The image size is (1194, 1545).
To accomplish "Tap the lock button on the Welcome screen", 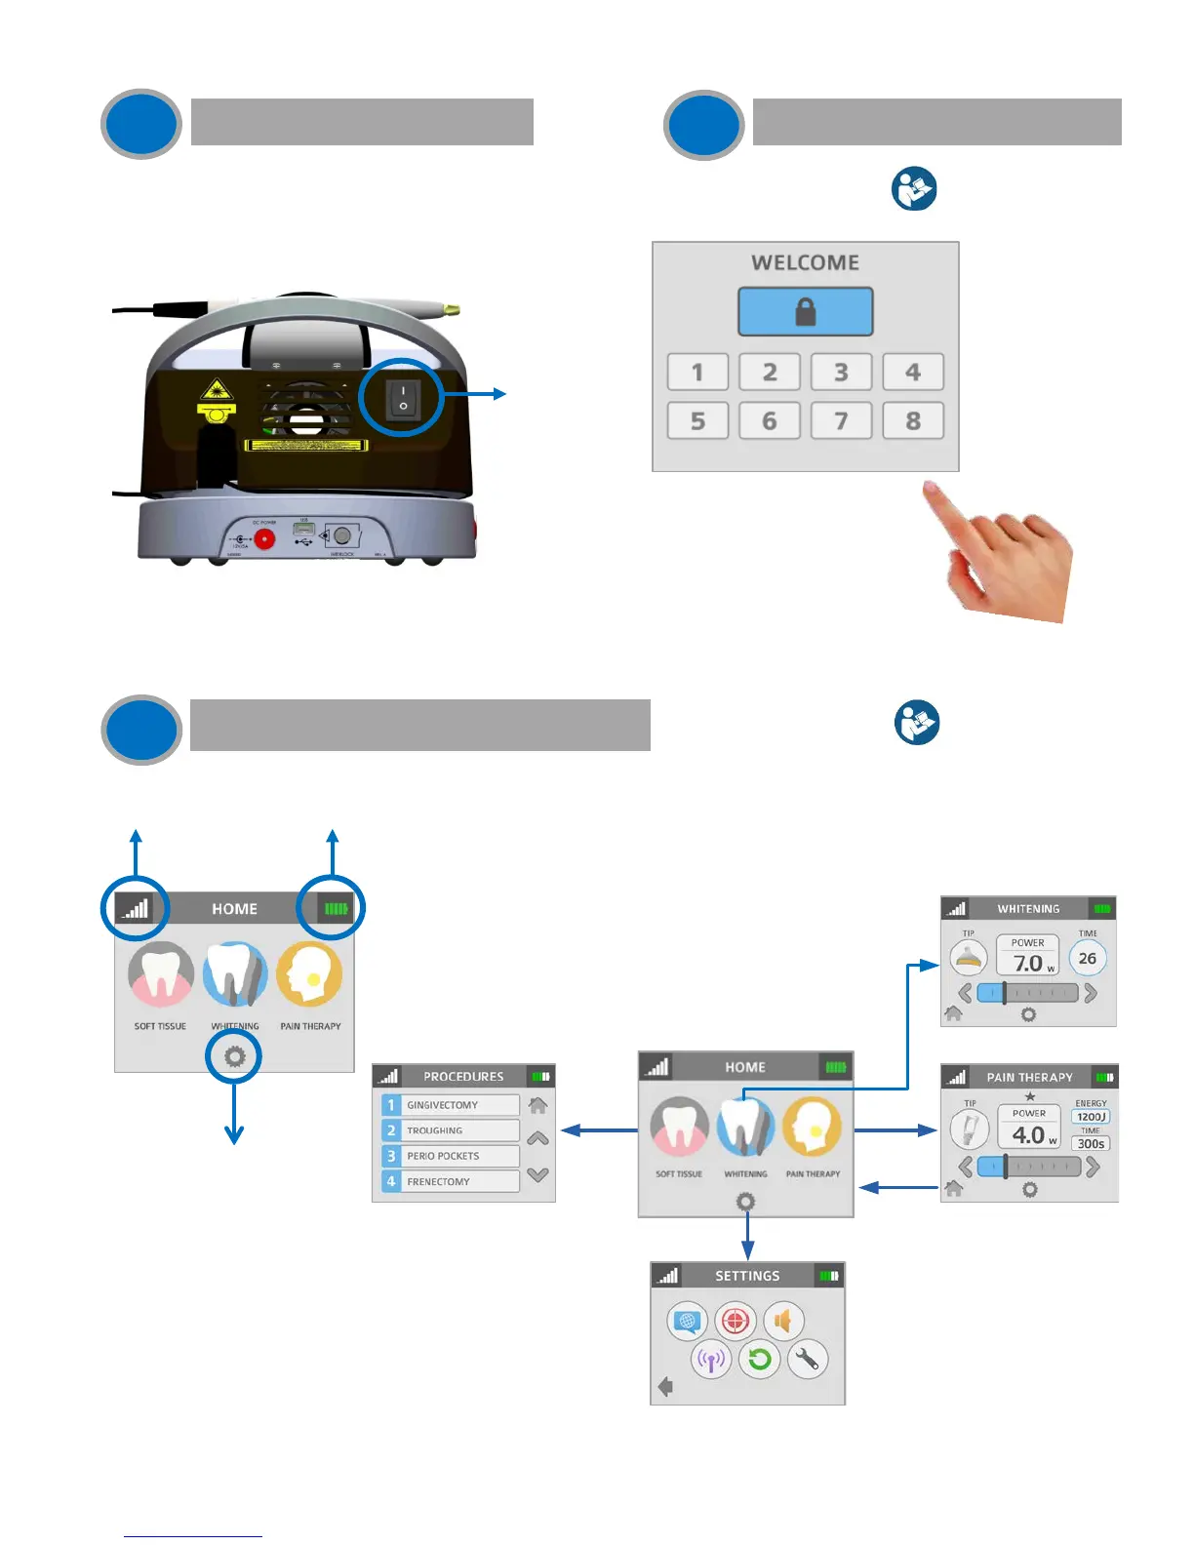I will pyautogui.click(x=805, y=312).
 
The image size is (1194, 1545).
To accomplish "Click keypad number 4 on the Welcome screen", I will pyautogui.click(x=913, y=372).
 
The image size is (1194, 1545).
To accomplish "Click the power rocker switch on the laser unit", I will pyautogui.click(x=403, y=397).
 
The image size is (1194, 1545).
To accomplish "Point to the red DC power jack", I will pyautogui.click(x=264, y=538).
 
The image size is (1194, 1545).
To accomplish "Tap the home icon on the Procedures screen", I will pyautogui.click(x=537, y=1105).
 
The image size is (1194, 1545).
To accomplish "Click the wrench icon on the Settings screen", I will pyautogui.click(x=808, y=1359).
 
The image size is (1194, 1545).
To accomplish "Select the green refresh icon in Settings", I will pyautogui.click(x=760, y=1359).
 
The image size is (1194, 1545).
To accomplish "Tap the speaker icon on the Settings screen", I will pyautogui.click(x=783, y=1322).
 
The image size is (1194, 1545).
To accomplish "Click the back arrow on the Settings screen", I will pyautogui.click(x=666, y=1387).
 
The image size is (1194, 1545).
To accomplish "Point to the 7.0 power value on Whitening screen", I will pyautogui.click(x=1028, y=963).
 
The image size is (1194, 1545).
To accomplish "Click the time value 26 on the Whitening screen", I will pyautogui.click(x=1088, y=959).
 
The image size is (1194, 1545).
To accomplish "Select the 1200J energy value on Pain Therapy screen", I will pyautogui.click(x=1091, y=1117).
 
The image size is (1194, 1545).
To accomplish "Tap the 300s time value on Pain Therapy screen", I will pyautogui.click(x=1091, y=1144).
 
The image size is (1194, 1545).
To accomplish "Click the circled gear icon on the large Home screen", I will pyautogui.click(x=234, y=1056).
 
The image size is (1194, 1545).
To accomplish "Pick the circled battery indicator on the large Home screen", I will pyautogui.click(x=335, y=908).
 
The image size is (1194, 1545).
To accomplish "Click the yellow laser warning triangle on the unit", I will pyautogui.click(x=216, y=392).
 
